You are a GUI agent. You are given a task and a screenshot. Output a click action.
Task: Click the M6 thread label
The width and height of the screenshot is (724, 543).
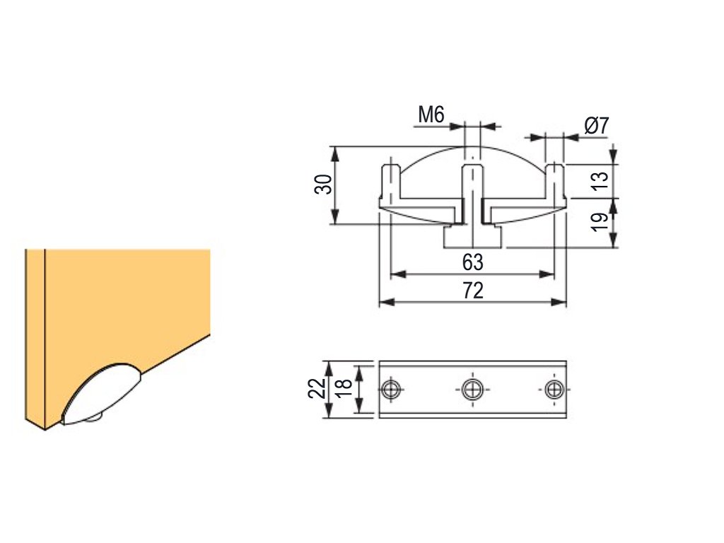point(431,115)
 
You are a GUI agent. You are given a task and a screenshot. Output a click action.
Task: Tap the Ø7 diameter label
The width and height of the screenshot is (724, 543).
point(597,126)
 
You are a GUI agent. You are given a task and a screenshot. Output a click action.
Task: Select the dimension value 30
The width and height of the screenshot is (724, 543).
point(323,185)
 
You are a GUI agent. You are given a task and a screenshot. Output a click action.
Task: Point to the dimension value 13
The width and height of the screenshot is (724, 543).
point(600,181)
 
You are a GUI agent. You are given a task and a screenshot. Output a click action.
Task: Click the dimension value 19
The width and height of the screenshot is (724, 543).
point(600,223)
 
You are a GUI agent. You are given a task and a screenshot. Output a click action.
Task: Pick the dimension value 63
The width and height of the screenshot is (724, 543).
point(473,262)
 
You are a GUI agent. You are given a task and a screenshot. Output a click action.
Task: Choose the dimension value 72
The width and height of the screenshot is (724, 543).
point(473,291)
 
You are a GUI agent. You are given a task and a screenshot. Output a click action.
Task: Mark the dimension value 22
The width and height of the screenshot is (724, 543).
point(317,388)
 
